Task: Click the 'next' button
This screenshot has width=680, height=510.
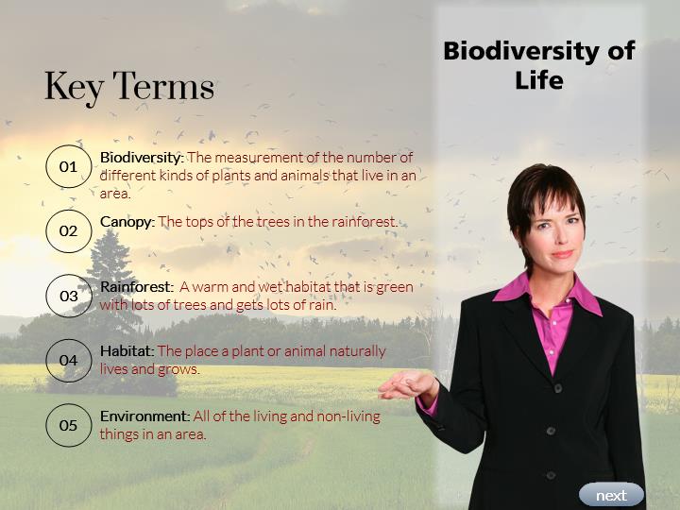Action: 611,495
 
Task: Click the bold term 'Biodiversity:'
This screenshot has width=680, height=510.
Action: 143,158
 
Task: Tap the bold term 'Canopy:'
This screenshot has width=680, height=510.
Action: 127,222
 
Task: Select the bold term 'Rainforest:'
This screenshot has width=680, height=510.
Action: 137,287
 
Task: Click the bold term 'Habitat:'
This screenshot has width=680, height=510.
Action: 127,350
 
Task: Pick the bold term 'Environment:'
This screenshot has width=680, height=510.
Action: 144,416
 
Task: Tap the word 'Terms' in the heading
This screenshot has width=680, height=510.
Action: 163,86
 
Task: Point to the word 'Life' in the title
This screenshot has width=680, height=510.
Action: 539,80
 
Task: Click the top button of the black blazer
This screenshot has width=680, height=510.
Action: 558,388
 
